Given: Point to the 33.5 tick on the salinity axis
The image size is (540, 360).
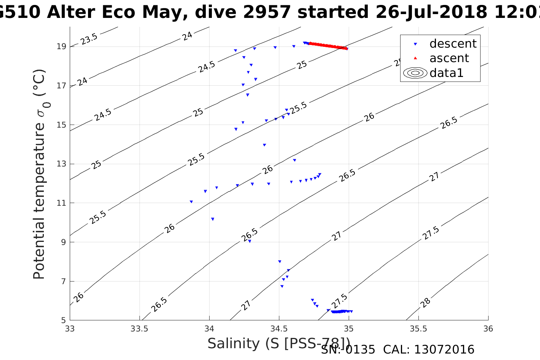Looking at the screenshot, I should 139,328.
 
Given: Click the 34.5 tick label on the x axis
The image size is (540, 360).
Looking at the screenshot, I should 279,328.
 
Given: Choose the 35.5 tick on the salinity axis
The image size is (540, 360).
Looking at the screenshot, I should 418,328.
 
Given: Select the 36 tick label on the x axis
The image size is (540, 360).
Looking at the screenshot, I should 488,328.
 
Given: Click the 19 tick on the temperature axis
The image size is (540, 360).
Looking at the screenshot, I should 61,46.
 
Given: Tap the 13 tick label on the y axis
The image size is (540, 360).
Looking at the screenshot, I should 61,164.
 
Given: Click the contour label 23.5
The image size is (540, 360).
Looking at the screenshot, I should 89,38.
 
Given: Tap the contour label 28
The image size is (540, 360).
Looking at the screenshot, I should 425,302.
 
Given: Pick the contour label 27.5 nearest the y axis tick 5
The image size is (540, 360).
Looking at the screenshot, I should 339,301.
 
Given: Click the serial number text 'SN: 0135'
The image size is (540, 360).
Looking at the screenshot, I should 348,350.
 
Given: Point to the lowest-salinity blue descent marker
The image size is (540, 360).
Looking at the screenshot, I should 191,202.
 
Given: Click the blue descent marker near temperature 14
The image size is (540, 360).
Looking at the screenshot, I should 264,145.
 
